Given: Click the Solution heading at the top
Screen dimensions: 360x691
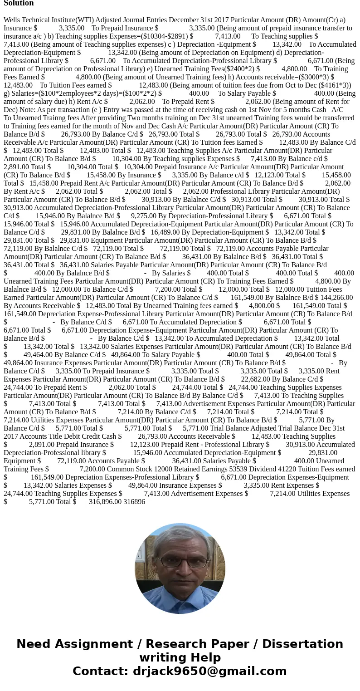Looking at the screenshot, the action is point(19,3).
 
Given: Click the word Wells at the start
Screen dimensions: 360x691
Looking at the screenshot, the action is point(13,20).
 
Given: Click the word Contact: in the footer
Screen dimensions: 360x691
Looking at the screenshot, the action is point(101,671).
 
